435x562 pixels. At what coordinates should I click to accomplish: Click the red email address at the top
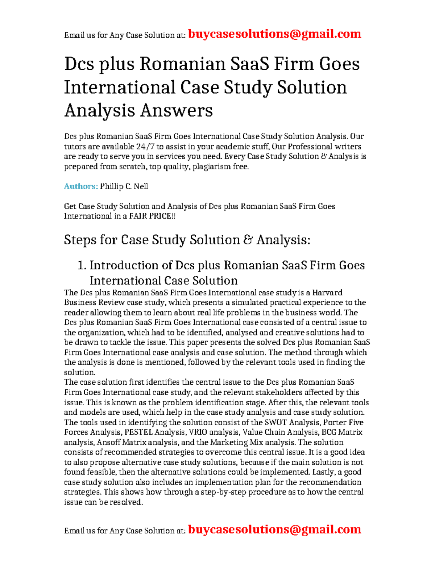(274, 34)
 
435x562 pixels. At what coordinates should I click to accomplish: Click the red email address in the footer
(274, 529)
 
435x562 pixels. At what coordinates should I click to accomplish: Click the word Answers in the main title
(176, 110)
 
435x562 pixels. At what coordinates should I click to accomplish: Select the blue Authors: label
(81, 186)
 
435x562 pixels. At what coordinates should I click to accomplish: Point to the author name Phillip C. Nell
(124, 186)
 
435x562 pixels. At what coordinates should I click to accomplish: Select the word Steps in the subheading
(80, 240)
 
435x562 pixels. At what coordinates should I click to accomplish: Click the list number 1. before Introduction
(82, 265)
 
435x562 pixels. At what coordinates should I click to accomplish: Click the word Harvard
(327, 292)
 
